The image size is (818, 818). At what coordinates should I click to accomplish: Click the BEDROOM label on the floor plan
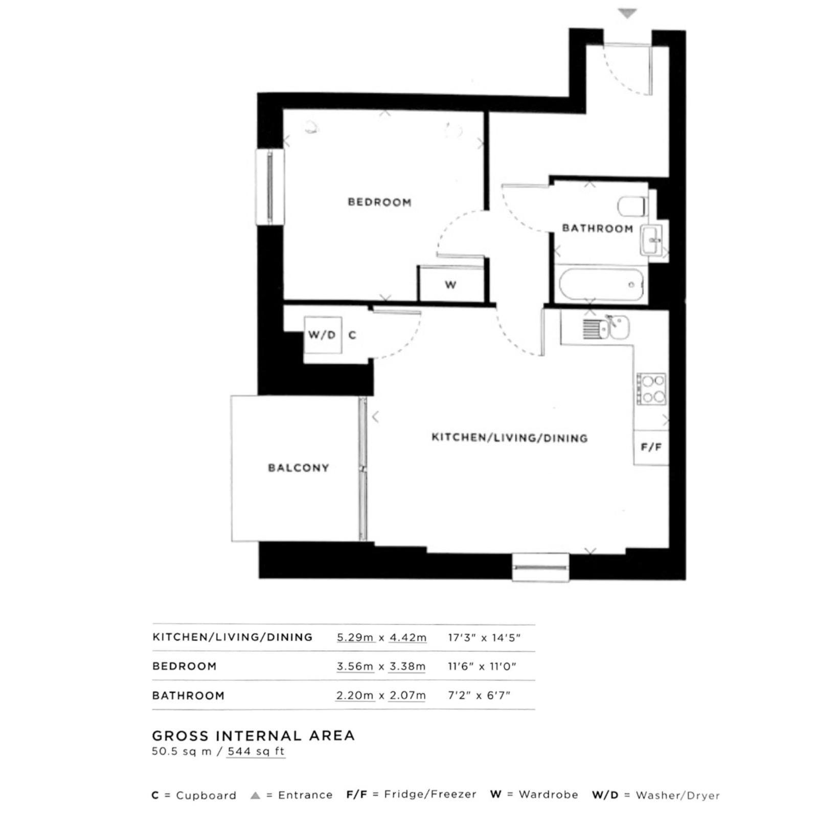[379, 202]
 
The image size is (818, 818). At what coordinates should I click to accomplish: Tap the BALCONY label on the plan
[299, 468]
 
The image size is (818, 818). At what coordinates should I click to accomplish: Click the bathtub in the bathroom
[601, 285]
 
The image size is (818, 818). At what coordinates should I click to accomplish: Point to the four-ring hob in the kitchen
[652, 390]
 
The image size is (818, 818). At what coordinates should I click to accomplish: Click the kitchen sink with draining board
[606, 328]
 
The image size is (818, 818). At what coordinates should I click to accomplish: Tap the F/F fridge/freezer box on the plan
[651, 448]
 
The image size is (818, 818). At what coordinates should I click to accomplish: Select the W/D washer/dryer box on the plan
[323, 335]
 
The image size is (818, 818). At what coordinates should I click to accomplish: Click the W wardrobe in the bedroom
[450, 284]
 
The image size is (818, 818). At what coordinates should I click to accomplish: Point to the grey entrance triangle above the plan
[627, 13]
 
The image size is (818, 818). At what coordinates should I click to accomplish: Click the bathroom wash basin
[651, 240]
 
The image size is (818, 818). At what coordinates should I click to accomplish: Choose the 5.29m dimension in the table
[356, 638]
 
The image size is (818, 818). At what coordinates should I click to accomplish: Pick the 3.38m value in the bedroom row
[407, 667]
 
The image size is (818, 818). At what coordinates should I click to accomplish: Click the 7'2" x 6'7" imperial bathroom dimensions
[479, 695]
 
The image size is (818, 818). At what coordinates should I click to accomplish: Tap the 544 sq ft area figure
[256, 752]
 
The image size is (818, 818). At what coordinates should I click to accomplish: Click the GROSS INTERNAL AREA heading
[254, 736]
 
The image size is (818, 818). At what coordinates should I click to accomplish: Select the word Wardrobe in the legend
[549, 794]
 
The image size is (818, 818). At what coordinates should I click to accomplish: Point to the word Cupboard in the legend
[206, 796]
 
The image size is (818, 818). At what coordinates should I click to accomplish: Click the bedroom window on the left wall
[270, 187]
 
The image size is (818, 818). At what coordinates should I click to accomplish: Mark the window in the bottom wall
[540, 567]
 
